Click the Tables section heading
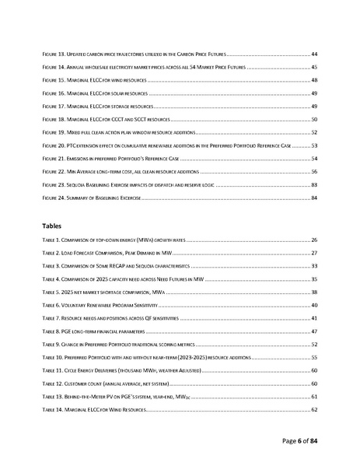pyautogui.click(x=52, y=226)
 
